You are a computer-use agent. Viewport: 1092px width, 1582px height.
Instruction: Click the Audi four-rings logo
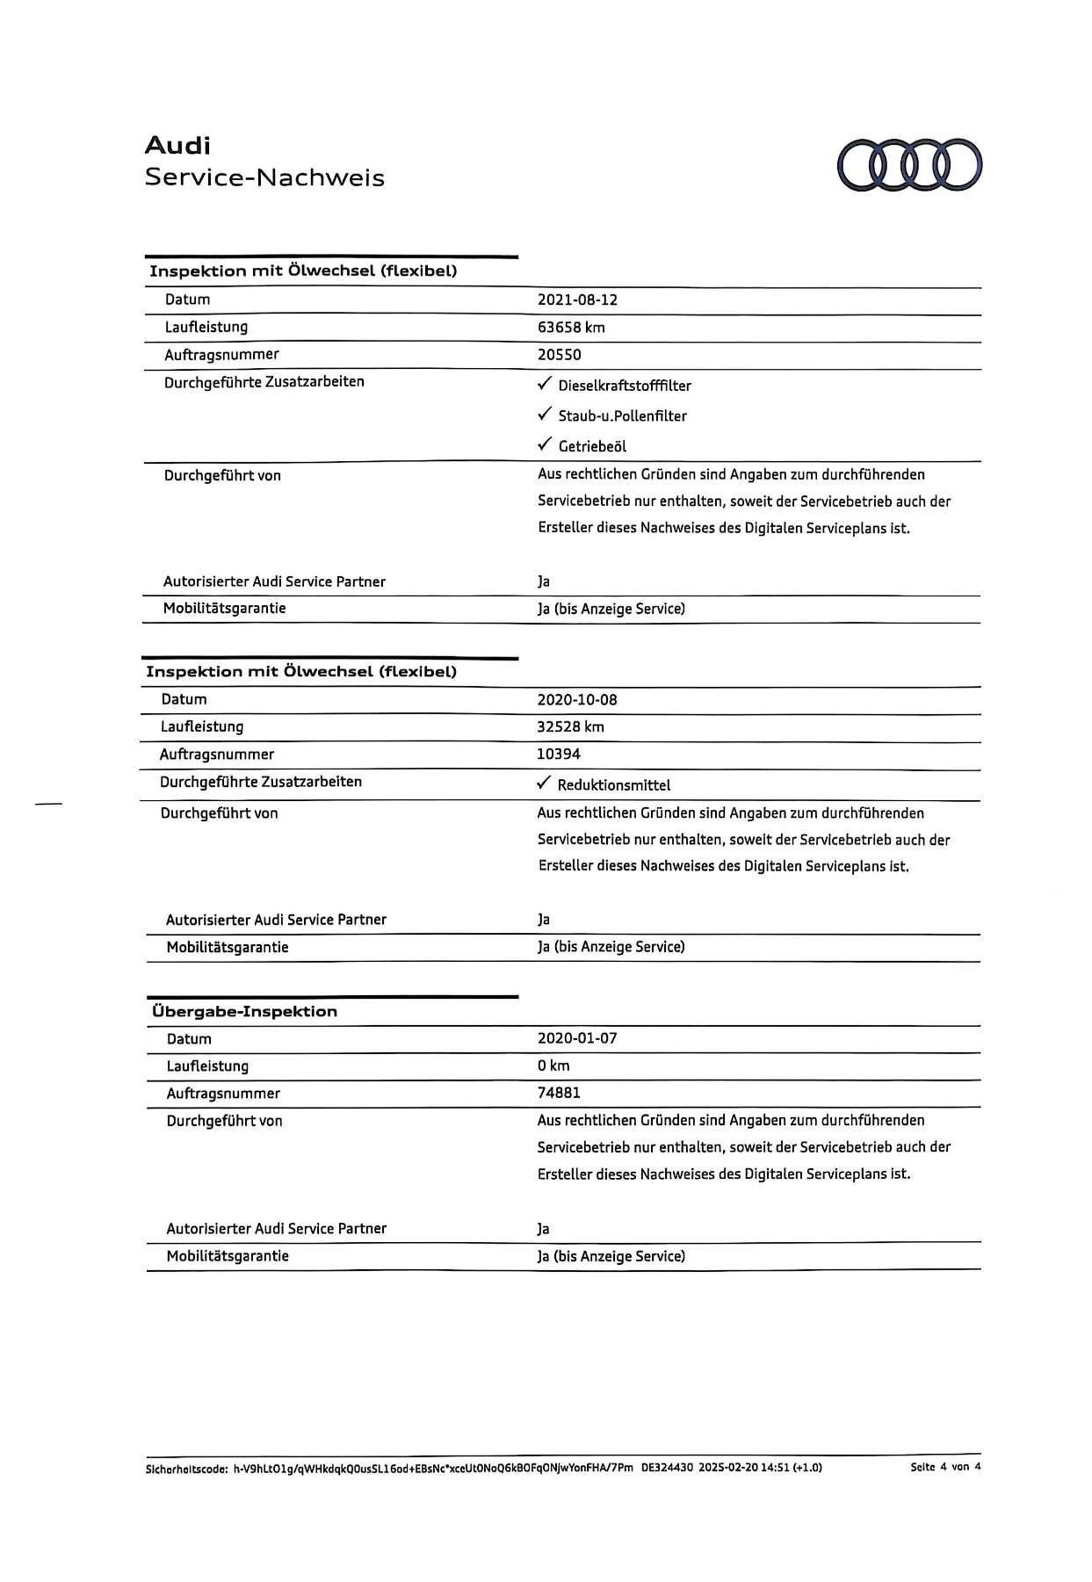pyautogui.click(x=909, y=165)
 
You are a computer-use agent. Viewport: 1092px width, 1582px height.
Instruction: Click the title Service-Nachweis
pyautogui.click(x=264, y=177)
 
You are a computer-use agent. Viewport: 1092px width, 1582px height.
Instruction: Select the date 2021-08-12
pyautogui.click(x=577, y=300)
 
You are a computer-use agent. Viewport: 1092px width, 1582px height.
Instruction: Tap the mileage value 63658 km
pyautogui.click(x=571, y=328)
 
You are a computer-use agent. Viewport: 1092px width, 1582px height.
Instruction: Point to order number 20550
pyautogui.click(x=559, y=355)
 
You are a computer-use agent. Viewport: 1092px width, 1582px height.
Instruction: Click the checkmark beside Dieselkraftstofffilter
pyautogui.click(x=545, y=385)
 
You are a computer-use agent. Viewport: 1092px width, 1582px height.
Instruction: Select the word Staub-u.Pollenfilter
pyautogui.click(x=622, y=416)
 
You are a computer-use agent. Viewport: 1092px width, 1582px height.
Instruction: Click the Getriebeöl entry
pyautogui.click(x=592, y=446)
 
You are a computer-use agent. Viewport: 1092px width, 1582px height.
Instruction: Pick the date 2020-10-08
pyautogui.click(x=577, y=700)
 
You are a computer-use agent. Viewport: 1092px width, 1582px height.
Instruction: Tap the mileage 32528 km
pyautogui.click(x=570, y=726)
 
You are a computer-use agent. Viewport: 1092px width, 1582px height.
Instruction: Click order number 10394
pyautogui.click(x=559, y=754)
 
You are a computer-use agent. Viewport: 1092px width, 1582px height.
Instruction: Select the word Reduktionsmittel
pyautogui.click(x=614, y=785)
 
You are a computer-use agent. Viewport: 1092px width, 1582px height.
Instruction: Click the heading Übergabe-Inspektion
pyautogui.click(x=244, y=1011)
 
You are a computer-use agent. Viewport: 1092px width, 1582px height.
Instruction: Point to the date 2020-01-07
pyautogui.click(x=577, y=1038)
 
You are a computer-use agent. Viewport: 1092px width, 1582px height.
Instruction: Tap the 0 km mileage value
pyautogui.click(x=553, y=1066)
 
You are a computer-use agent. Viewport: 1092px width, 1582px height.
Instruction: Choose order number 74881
pyautogui.click(x=559, y=1093)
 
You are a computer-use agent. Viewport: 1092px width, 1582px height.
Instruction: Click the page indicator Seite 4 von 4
pyautogui.click(x=945, y=1467)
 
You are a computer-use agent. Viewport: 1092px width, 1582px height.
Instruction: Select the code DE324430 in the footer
pyautogui.click(x=667, y=1468)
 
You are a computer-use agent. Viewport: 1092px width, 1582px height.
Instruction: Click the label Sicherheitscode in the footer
pyautogui.click(x=186, y=1468)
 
